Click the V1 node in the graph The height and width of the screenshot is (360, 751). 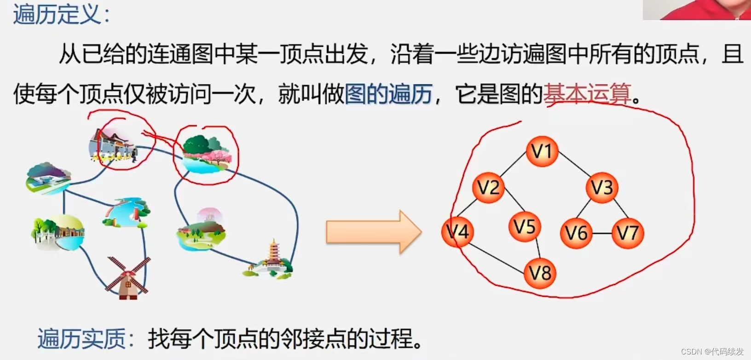pos(542,151)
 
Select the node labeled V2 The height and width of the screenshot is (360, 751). pos(488,187)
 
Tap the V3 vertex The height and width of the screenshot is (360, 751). pos(601,187)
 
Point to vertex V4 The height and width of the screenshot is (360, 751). pos(457,232)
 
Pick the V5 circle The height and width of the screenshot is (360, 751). pos(524,226)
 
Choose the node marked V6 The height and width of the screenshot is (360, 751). pos(576,233)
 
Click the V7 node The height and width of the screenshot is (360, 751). pos(628,233)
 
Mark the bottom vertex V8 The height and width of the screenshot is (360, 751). pos(540,273)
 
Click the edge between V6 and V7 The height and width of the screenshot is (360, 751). pos(602,233)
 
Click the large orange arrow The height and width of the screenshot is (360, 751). pos(373,232)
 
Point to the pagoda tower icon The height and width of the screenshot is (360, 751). pos(272,260)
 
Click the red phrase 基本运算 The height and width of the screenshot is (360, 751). pos(587,94)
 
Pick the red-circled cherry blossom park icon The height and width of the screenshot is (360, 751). pos(206,154)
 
